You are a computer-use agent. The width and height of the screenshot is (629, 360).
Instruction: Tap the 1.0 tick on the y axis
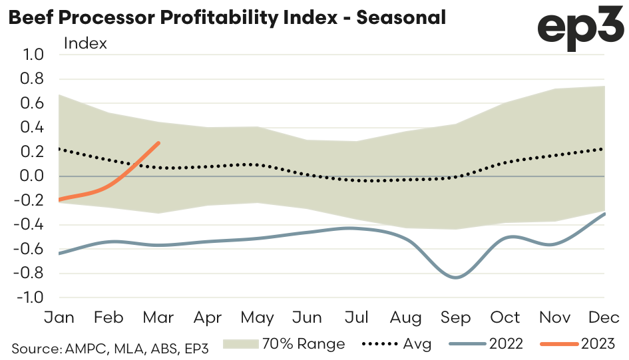33,55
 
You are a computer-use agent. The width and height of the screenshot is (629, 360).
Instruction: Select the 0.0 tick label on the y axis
33,176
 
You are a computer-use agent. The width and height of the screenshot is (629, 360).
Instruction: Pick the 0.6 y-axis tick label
33,103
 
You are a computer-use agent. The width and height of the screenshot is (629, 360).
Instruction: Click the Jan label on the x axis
59,317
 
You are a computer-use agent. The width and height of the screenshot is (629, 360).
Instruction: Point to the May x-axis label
257,317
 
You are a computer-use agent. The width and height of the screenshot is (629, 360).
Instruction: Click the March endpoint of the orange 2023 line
158,142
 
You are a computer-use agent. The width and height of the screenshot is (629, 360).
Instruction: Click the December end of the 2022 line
604,214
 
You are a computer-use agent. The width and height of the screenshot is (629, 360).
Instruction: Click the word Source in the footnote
35,347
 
